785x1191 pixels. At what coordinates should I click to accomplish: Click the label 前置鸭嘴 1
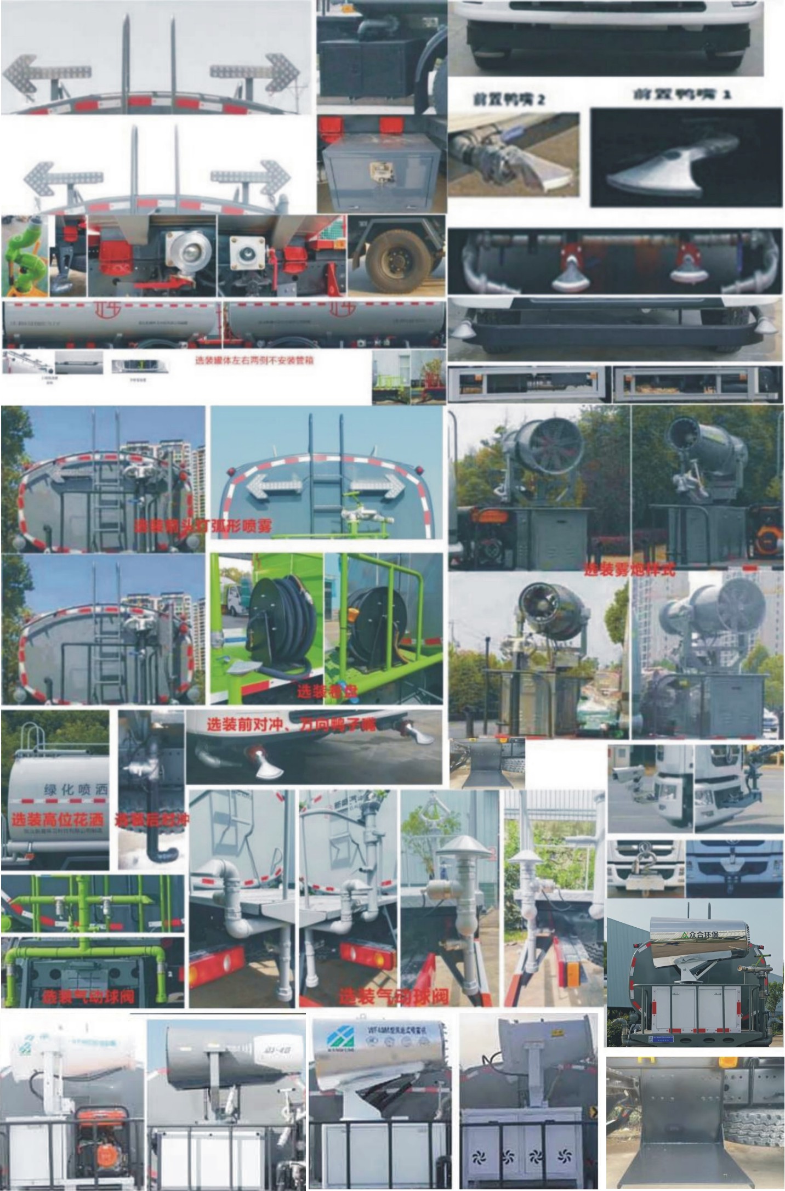[682, 94]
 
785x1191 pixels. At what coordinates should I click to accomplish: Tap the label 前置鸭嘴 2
[510, 99]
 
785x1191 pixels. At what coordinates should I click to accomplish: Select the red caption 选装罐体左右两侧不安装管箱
[254, 361]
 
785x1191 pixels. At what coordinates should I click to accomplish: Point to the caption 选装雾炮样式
[630, 570]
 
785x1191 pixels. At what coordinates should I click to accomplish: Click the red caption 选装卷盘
[327, 691]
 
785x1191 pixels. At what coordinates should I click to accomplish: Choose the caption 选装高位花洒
[57, 820]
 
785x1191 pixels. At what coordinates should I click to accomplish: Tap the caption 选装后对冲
[152, 820]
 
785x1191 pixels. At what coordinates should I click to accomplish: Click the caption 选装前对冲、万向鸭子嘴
[291, 725]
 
